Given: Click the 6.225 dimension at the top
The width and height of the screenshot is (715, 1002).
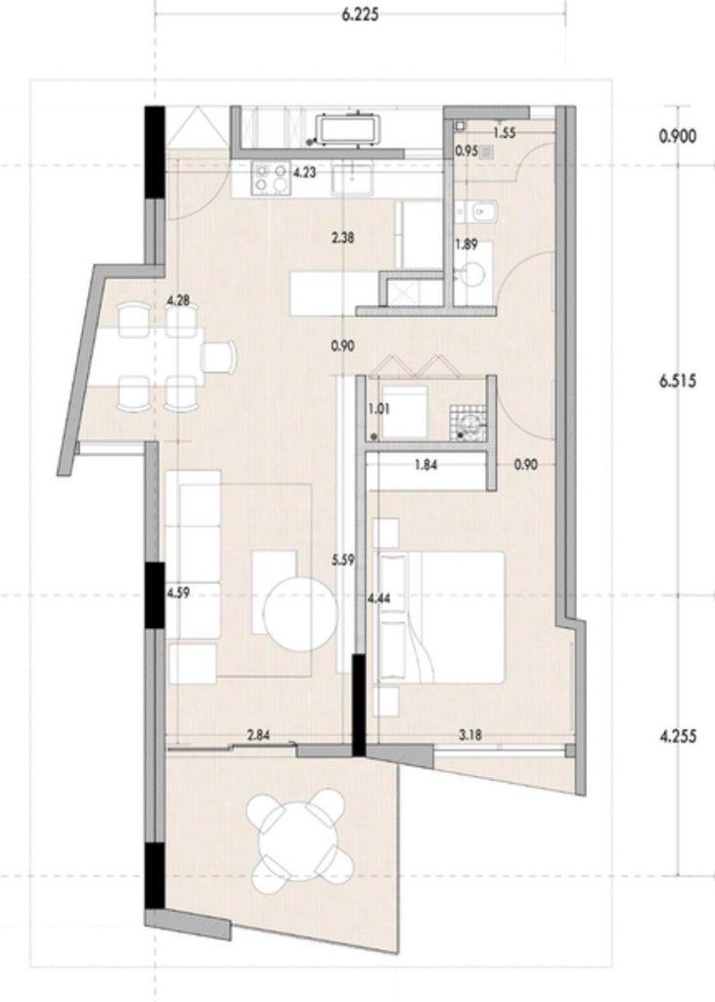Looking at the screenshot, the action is [360, 15].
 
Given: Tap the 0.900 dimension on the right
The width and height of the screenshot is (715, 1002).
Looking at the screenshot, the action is [677, 136].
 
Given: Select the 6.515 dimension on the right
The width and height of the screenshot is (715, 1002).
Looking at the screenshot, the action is [677, 382].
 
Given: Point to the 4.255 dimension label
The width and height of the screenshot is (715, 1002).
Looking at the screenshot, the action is [677, 736].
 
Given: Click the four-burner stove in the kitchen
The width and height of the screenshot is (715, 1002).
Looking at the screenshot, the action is [271, 177].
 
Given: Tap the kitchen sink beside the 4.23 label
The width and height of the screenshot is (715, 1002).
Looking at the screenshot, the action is [351, 177].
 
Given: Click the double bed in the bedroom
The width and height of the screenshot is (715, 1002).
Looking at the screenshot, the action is [441, 617].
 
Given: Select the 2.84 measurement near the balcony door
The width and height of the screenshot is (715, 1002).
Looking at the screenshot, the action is [258, 735].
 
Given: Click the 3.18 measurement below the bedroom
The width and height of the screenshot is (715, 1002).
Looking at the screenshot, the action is [469, 735].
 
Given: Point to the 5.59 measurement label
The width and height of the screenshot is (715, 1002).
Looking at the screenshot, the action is [343, 561].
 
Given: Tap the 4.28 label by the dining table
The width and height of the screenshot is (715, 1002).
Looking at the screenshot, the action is [178, 300].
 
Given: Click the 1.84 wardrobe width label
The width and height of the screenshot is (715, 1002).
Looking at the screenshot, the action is [425, 465].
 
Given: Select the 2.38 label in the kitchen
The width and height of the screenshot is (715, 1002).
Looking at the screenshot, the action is [342, 239].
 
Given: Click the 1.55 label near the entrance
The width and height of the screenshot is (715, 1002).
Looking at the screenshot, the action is [504, 134].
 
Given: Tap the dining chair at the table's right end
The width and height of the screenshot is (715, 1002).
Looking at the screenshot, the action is [219, 356].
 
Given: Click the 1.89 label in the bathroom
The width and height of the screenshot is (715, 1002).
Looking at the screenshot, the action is [466, 244].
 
